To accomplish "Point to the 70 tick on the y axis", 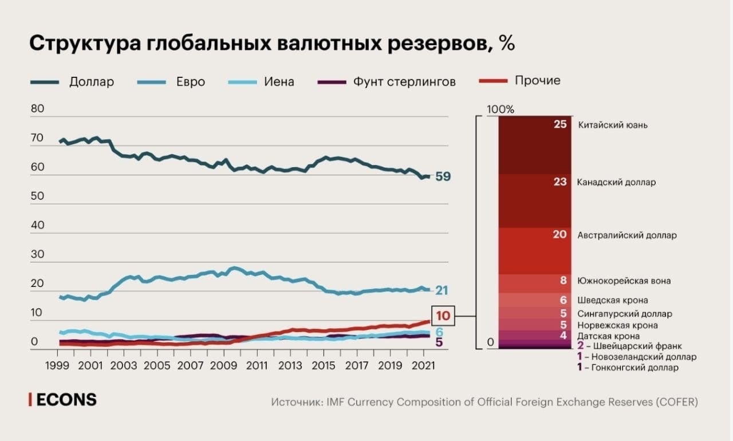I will click(x=37, y=138).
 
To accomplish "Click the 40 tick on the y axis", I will click(x=37, y=225).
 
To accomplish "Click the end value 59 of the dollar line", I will click(x=443, y=176).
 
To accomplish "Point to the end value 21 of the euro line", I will click(x=441, y=290).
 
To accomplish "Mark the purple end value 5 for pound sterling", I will click(x=439, y=342).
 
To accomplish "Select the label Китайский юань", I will click(x=613, y=125).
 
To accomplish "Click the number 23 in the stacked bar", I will click(x=560, y=182).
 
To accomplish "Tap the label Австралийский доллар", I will click(x=626, y=235).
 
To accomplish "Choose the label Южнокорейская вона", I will click(x=624, y=281).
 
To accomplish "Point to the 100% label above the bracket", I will click(x=501, y=109).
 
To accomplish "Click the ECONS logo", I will click(x=63, y=400).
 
